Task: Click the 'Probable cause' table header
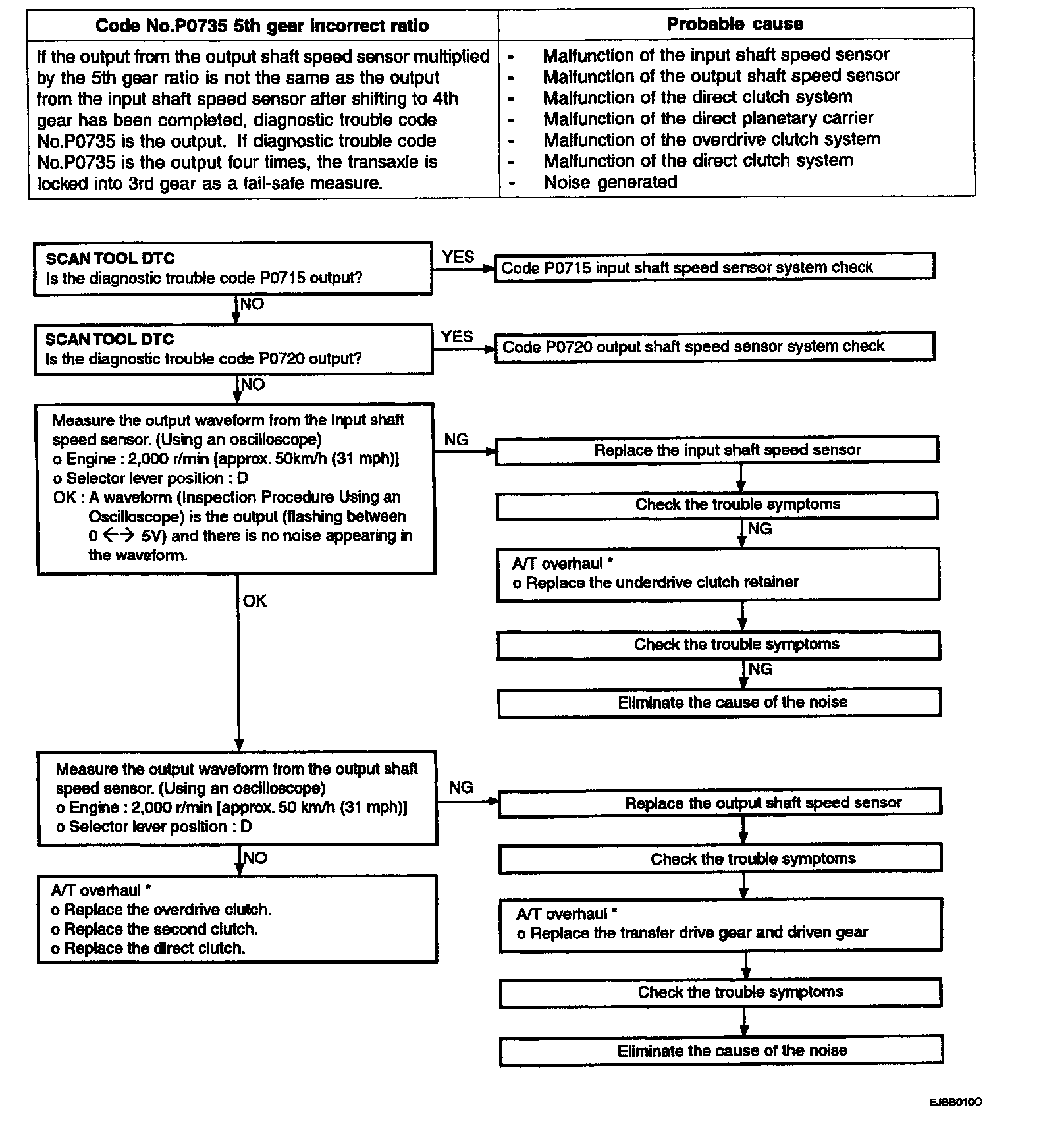pyautogui.click(x=735, y=24)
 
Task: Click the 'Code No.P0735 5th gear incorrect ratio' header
pyautogui.click(x=262, y=26)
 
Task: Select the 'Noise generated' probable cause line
pyautogui.click(x=610, y=182)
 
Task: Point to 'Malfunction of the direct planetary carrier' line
pyautogui.click(x=708, y=119)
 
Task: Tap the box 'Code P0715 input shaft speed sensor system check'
pyautogui.click(x=714, y=267)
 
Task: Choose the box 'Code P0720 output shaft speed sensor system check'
pyautogui.click(x=714, y=346)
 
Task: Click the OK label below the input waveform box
pyautogui.click(x=254, y=601)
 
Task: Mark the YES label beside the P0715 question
pyautogui.click(x=458, y=257)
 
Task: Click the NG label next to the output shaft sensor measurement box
pyautogui.click(x=461, y=788)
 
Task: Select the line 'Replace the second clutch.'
pyautogui.click(x=161, y=929)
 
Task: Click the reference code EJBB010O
pyautogui.click(x=956, y=1102)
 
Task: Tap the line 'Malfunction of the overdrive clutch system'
pyautogui.click(x=712, y=140)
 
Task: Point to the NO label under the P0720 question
pyautogui.click(x=252, y=385)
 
